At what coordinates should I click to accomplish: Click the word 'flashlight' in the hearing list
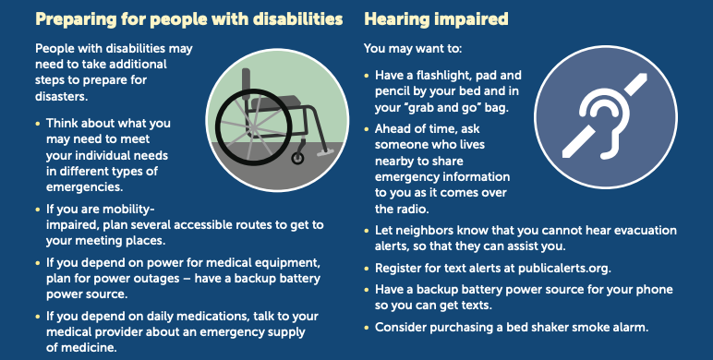(453, 75)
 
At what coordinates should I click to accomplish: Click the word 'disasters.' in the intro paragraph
(61, 96)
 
